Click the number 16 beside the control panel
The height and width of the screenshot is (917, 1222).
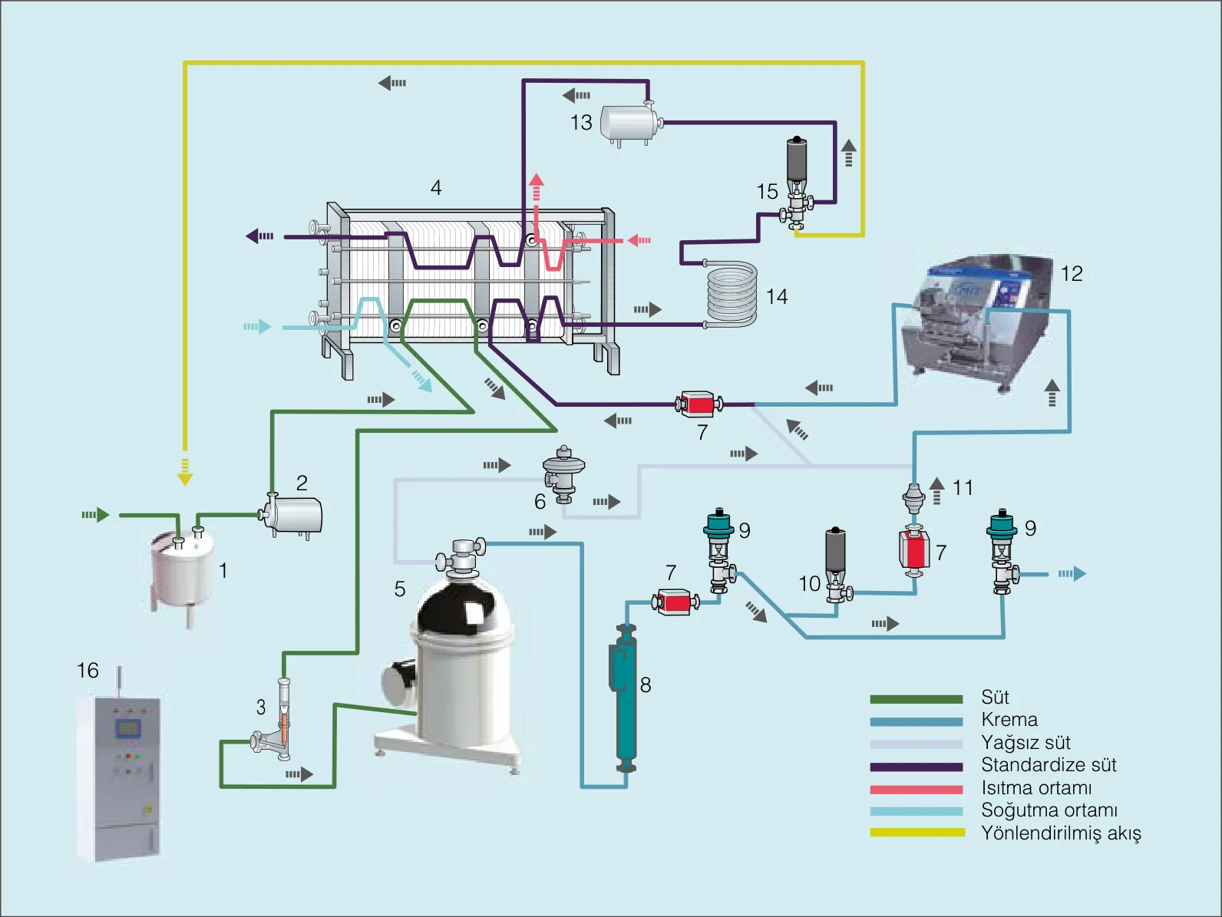88,671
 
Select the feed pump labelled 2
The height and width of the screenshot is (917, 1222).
291,516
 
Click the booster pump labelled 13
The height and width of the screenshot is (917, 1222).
630,124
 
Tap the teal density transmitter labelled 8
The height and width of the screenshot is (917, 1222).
626,698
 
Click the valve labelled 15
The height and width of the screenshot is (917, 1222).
797,183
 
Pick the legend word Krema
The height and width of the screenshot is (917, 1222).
1009,720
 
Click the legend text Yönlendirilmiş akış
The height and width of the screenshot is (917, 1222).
1061,833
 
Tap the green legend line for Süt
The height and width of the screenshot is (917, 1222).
916,699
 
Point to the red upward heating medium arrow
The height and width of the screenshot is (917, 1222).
536,186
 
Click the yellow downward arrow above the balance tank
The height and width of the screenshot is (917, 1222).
185,473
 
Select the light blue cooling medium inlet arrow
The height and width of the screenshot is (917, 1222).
257,326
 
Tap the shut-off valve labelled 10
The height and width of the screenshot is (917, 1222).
837,566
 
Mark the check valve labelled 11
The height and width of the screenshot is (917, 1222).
913,498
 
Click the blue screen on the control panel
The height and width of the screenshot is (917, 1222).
127,727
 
